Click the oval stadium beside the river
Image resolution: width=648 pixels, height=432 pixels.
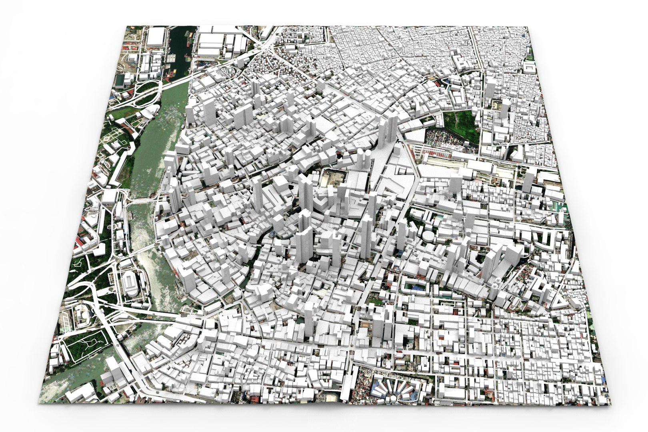tap(129, 283)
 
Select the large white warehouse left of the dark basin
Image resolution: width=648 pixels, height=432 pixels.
tap(156, 37)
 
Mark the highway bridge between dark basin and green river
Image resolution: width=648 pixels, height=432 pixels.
tap(176, 82)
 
